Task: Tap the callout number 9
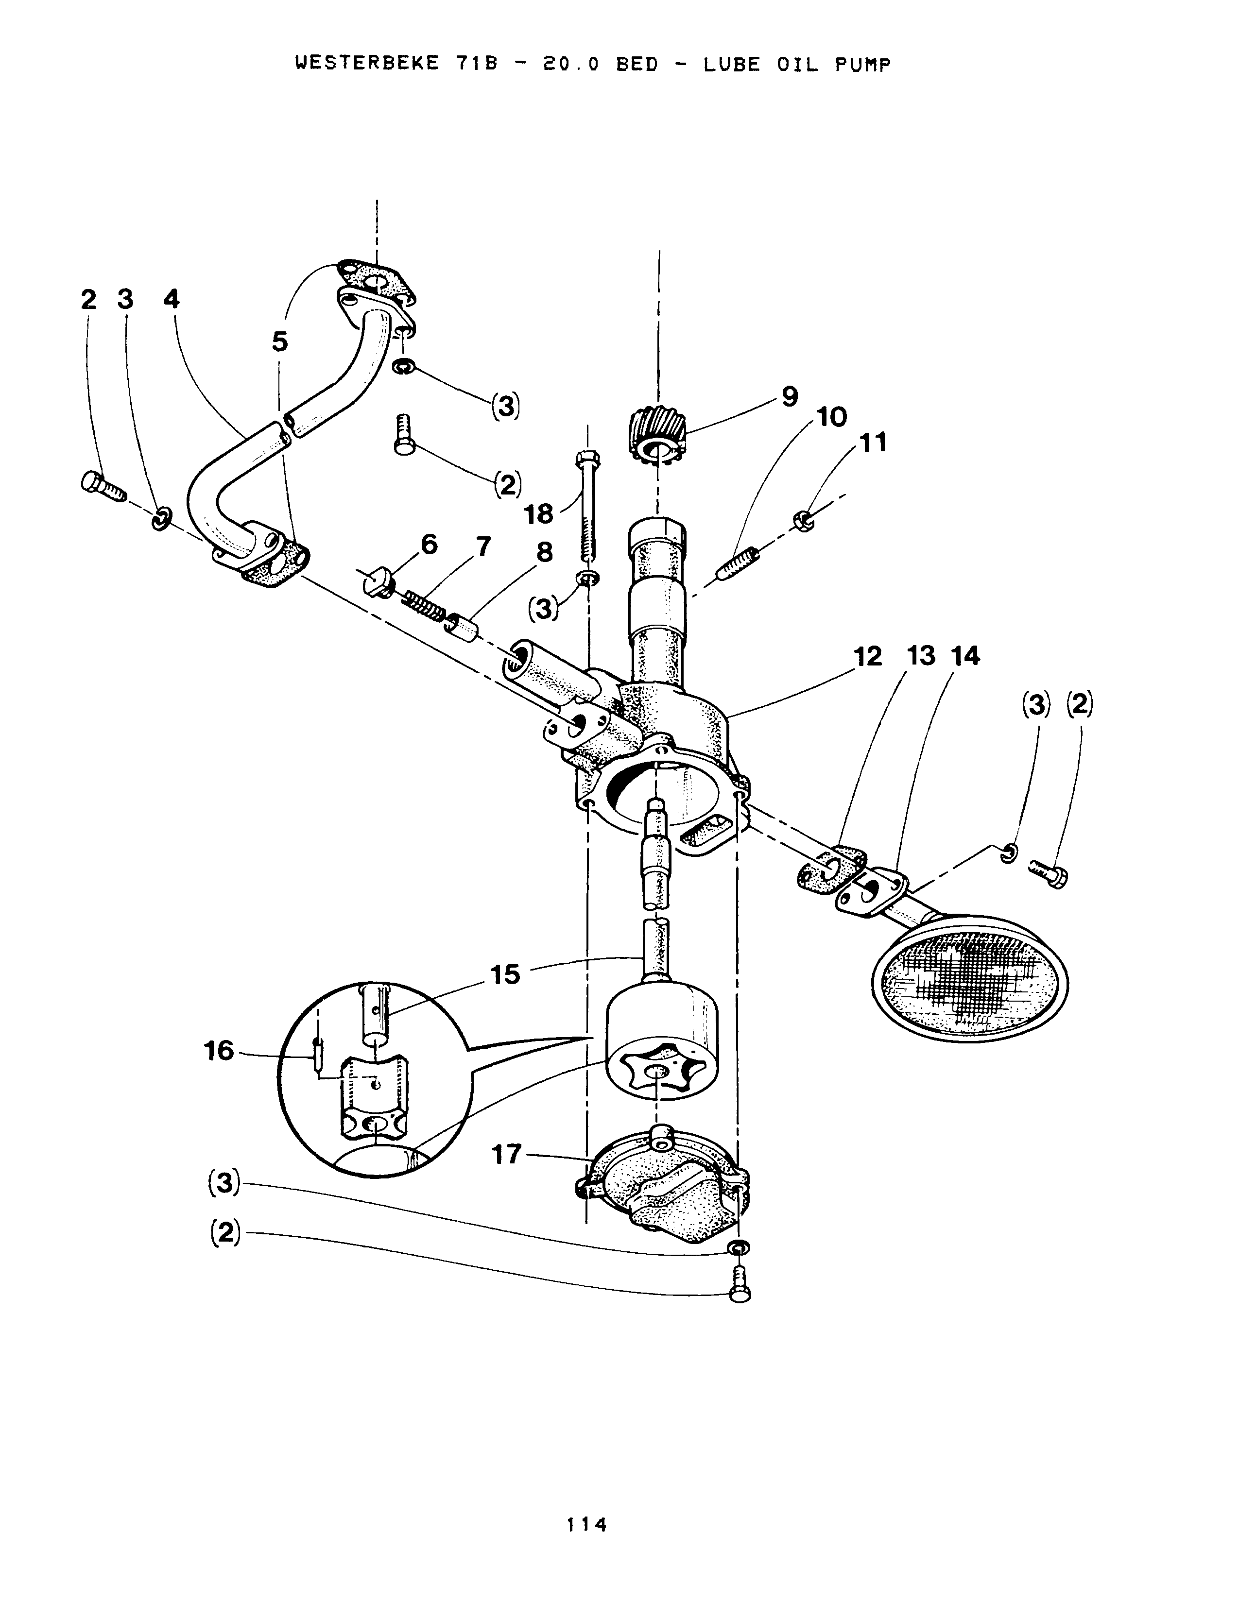tap(789, 397)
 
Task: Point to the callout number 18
tap(539, 514)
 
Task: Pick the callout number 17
tap(506, 1155)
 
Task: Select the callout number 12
tap(868, 657)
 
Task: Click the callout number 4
tap(171, 299)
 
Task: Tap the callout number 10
tap(832, 417)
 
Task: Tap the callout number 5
tap(280, 341)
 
